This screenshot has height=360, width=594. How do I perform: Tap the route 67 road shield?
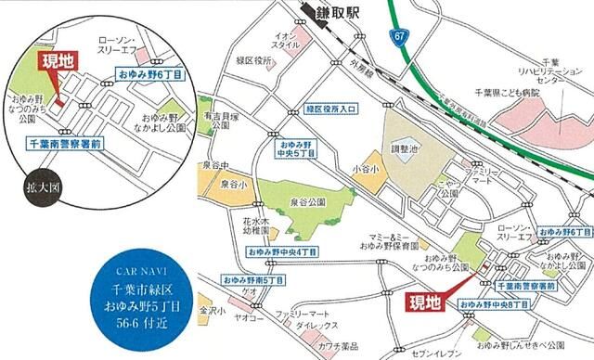click(399, 35)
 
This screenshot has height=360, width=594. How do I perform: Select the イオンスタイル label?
click(286, 41)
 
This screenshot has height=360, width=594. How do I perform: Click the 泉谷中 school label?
click(214, 165)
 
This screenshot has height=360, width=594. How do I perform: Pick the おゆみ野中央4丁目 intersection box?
click(281, 252)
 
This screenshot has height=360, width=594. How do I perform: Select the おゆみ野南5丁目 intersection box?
click(252, 279)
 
